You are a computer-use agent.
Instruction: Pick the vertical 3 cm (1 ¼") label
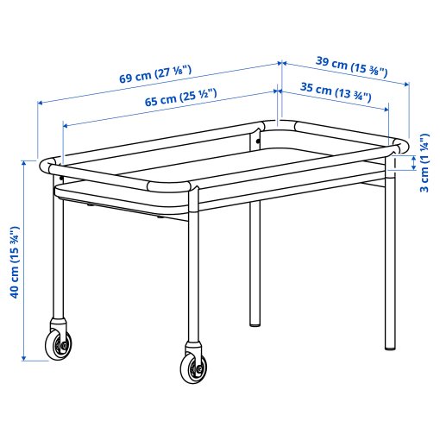coord(424,163)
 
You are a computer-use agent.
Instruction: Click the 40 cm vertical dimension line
coord(28,259)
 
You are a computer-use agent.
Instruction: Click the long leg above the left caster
coord(57,259)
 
